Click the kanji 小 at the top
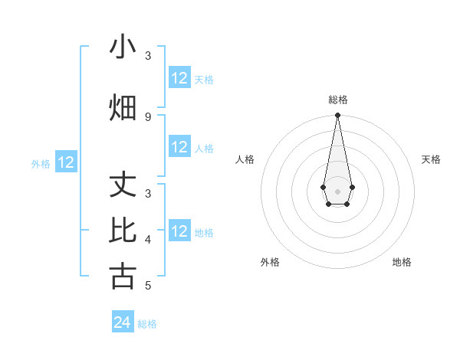(x=123, y=47)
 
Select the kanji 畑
(x=123, y=107)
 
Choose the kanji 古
(x=123, y=275)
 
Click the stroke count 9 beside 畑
(x=148, y=116)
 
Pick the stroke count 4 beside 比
(x=148, y=239)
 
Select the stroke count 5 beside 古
(x=148, y=286)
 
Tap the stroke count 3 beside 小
(x=148, y=56)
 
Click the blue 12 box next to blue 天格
(x=179, y=78)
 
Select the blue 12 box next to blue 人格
(x=179, y=147)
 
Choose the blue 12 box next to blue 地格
(x=179, y=231)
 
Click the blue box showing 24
(x=123, y=322)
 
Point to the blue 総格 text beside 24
(x=147, y=324)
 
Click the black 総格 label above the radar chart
(x=338, y=100)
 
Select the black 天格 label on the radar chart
(x=431, y=159)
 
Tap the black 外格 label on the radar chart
(x=270, y=262)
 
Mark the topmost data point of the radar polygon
(x=337, y=116)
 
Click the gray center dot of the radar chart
(x=337, y=191)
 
